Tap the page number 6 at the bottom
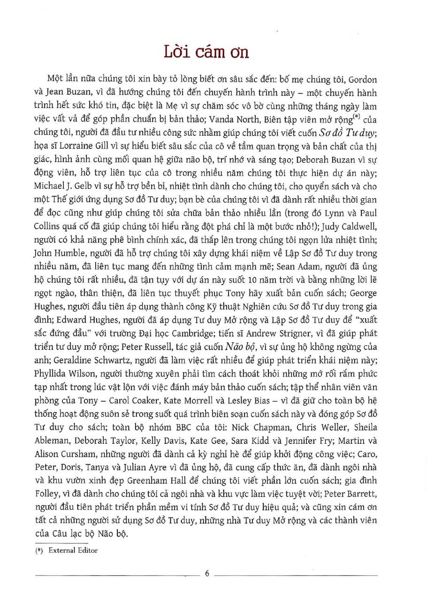(x=207, y=573)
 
